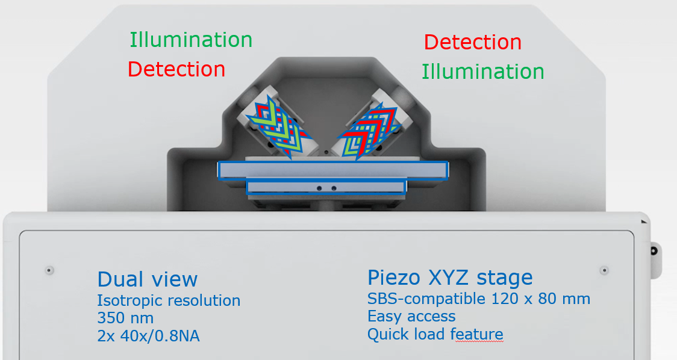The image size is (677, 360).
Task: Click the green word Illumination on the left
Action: pos(191,40)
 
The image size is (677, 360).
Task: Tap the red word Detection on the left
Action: pos(176,69)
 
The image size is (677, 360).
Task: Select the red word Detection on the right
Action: pos(473,42)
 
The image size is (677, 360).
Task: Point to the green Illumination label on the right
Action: pos(482,72)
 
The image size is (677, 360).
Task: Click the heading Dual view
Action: pos(148,279)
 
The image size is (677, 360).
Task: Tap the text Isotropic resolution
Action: pos(169,300)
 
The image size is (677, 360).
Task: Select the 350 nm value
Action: pos(125,318)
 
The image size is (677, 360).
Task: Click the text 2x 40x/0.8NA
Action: pos(149,336)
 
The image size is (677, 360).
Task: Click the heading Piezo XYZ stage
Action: pos(450,278)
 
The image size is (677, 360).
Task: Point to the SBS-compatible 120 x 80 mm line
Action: pos(479,299)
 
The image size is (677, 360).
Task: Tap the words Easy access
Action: pos(411,317)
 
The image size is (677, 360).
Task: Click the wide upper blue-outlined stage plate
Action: pos(333,170)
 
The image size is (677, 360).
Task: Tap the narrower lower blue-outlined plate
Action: pos(326,187)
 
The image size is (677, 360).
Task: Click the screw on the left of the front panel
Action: pos(49,271)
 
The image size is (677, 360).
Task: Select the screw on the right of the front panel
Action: pos(605,271)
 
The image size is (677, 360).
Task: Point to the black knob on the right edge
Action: pos(655,251)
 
